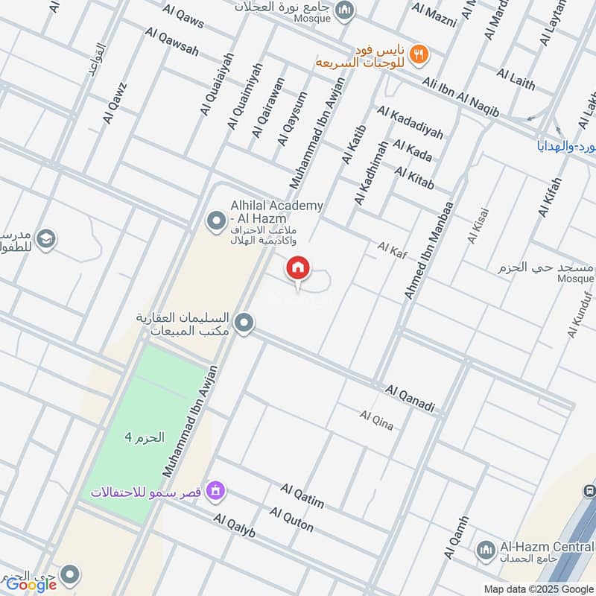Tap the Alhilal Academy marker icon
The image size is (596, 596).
click(x=217, y=221)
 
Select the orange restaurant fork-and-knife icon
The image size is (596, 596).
click(x=419, y=53)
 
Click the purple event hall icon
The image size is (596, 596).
click(x=217, y=490)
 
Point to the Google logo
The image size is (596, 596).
click(x=31, y=584)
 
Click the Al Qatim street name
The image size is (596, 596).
click(x=302, y=495)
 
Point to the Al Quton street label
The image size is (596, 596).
click(x=291, y=519)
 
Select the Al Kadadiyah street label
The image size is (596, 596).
click(x=410, y=122)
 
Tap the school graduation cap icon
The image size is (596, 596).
click(x=46, y=239)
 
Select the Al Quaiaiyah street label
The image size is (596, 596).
click(x=217, y=83)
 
